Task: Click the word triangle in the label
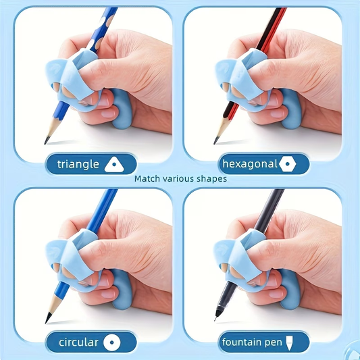click(x=78, y=164)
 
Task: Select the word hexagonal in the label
click(x=249, y=163)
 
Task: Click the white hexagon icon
click(x=289, y=163)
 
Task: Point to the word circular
click(x=78, y=342)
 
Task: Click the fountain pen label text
click(x=252, y=342)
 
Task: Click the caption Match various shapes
click(x=180, y=179)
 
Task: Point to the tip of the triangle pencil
click(x=47, y=142)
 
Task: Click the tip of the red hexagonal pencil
click(x=216, y=142)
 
